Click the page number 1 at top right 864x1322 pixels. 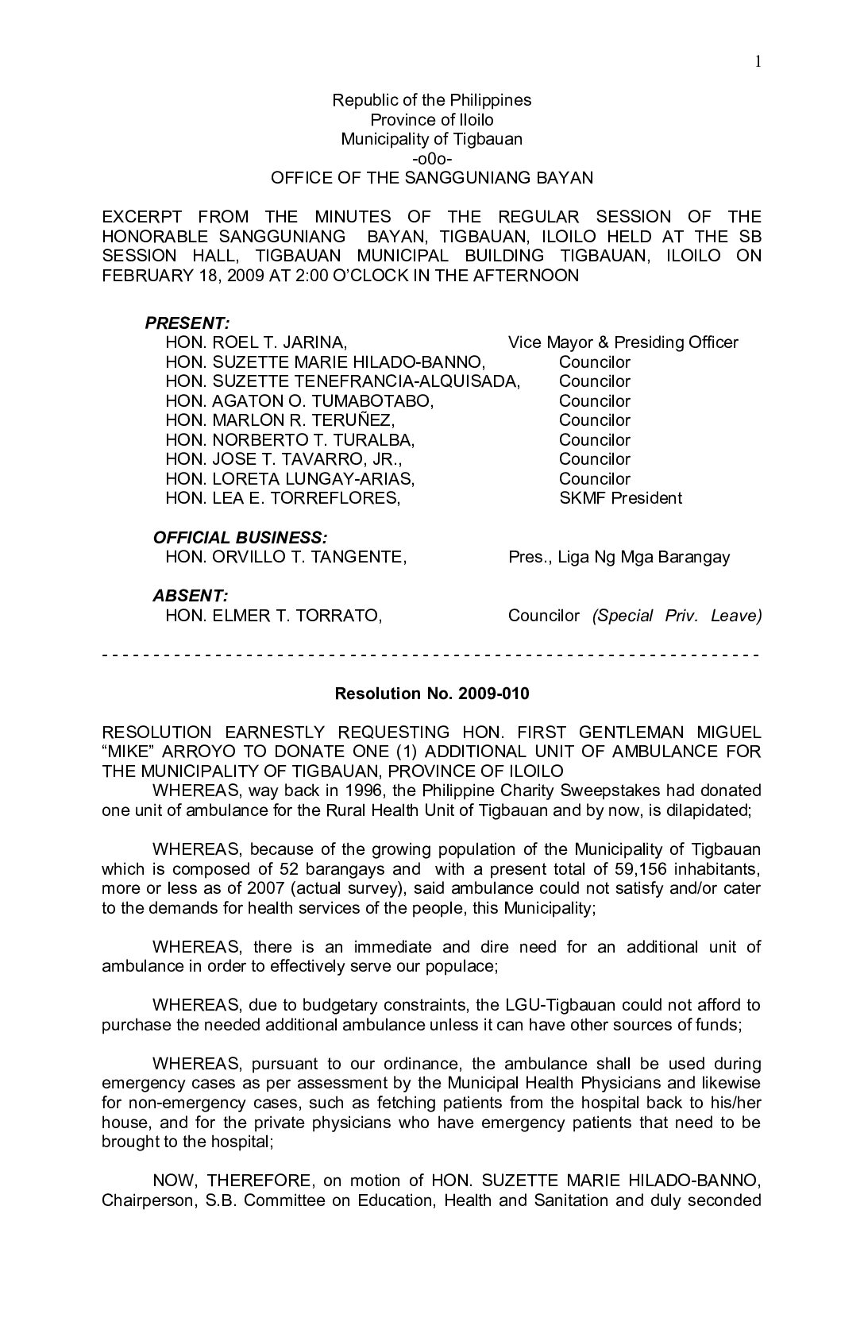click(758, 62)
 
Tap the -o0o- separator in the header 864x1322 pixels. click(432, 158)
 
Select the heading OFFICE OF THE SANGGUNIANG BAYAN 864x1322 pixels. click(432, 178)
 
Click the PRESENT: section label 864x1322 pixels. click(187, 323)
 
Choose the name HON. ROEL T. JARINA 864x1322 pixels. click(256, 342)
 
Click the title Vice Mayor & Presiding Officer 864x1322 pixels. click(623, 342)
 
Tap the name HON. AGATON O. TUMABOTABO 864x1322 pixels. click(299, 401)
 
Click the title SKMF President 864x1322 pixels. click(620, 498)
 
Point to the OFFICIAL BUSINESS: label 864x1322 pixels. click(240, 537)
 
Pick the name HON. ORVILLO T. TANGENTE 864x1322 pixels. click(286, 557)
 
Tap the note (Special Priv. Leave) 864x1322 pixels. click(677, 616)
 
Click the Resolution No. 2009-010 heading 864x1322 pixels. click(432, 694)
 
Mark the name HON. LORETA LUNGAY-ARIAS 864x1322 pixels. click(291, 479)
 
